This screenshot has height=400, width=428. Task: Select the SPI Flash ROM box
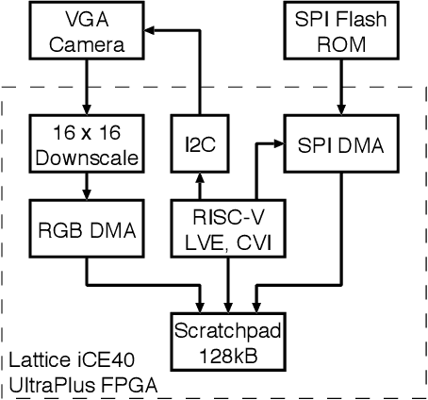point(335,33)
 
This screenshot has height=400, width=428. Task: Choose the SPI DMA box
point(335,143)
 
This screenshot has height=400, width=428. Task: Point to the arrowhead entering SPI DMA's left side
point(280,144)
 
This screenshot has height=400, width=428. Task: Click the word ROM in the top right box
point(335,43)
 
